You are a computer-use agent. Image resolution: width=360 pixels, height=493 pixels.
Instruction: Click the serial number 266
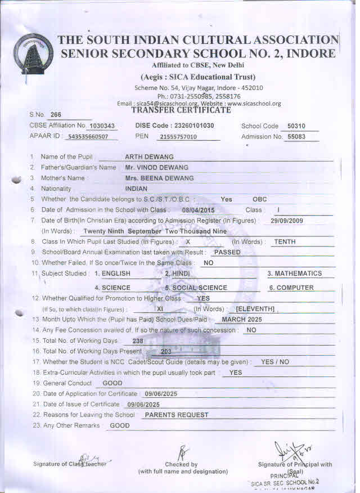(56, 114)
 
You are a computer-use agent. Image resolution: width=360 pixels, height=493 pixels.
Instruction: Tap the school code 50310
(296, 126)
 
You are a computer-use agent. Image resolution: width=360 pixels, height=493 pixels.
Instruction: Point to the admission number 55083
(296, 137)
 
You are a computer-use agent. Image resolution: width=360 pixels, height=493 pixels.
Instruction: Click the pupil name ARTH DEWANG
(149, 157)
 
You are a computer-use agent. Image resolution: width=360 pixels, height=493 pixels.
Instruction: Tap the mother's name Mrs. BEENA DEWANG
(159, 178)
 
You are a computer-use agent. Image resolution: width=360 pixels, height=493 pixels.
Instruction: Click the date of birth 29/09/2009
(286, 221)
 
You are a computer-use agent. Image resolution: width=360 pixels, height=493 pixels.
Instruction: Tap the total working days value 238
(137, 341)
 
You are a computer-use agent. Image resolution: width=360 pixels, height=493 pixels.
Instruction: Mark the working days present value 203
(166, 352)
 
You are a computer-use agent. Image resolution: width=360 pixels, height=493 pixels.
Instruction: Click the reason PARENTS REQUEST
(176, 415)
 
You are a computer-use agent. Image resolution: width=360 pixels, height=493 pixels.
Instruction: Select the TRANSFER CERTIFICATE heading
(181, 110)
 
